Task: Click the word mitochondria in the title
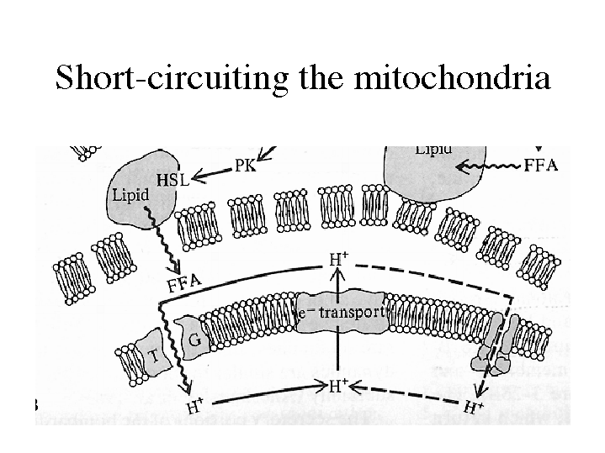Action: point(452,78)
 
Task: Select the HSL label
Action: point(172,179)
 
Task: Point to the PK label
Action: point(246,166)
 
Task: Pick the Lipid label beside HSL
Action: point(130,195)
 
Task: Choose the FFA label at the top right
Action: point(540,165)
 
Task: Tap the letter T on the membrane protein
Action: point(153,356)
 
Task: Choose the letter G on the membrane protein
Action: point(194,340)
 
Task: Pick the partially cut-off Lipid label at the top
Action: point(433,150)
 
